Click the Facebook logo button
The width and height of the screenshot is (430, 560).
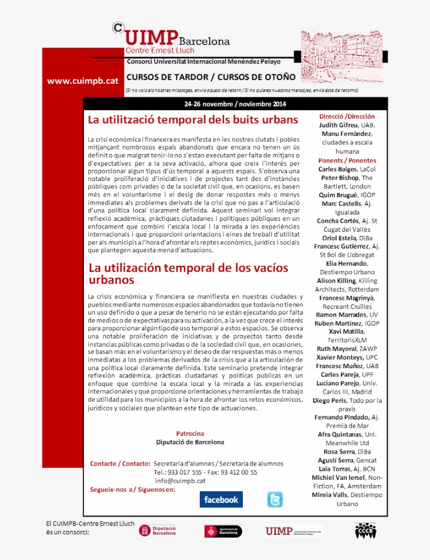click(221, 500)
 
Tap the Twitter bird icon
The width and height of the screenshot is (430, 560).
click(275, 500)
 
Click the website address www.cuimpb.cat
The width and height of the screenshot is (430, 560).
click(83, 81)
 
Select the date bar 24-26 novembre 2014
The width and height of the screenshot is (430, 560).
click(235, 103)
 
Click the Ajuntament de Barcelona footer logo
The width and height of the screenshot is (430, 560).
click(223, 531)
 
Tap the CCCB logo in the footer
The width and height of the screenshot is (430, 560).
click(365, 531)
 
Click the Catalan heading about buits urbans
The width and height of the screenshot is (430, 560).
click(192, 120)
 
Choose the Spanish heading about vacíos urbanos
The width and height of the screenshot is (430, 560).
click(188, 274)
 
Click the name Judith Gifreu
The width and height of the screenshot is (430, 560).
click(339, 125)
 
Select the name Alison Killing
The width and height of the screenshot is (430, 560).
click(336, 281)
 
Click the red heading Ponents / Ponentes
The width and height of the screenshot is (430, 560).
click(347, 160)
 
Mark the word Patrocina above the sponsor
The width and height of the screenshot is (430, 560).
click(190, 434)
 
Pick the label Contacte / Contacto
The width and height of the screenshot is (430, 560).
click(120, 464)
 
